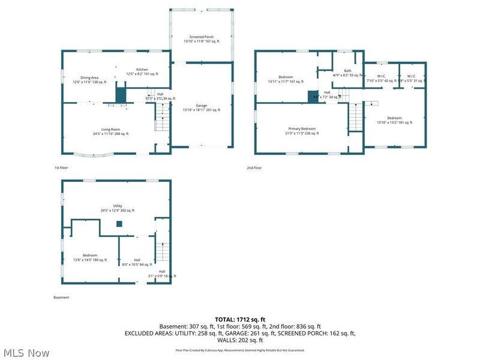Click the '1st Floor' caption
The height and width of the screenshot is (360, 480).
(60, 168)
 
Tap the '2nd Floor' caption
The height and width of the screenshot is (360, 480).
(254, 168)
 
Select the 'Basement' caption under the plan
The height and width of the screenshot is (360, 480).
(61, 298)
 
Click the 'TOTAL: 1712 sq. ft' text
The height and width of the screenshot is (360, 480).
(240, 319)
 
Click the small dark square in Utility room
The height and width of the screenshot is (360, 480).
(119, 224)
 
